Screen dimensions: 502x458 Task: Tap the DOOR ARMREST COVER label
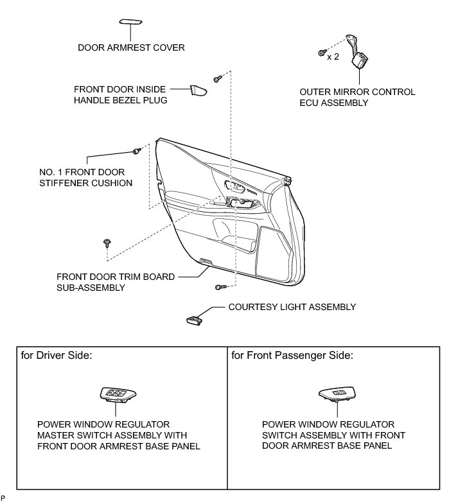coord(131,47)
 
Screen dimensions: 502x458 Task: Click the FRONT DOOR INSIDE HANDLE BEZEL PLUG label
coord(121,94)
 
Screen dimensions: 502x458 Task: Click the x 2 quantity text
coord(333,56)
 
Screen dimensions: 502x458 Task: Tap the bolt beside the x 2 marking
coord(320,52)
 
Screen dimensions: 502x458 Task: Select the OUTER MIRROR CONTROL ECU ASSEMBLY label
coord(358,97)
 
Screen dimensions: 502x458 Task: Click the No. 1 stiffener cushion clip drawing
coord(136,151)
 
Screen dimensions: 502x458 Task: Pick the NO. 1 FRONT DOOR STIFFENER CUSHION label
coord(86,178)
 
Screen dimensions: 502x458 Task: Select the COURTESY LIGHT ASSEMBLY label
coord(292,307)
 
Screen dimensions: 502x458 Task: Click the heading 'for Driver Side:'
coord(57,355)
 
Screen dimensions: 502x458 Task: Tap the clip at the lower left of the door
coord(106,242)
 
